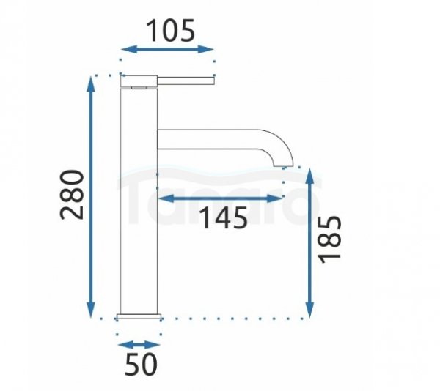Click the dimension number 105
170,30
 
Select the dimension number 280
72,195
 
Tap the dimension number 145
224,217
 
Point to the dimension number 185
330,239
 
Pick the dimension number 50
141,364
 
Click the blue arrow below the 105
167,49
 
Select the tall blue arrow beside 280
90,197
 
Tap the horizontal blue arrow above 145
220,198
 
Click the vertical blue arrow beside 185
309,243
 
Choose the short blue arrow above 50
139,345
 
